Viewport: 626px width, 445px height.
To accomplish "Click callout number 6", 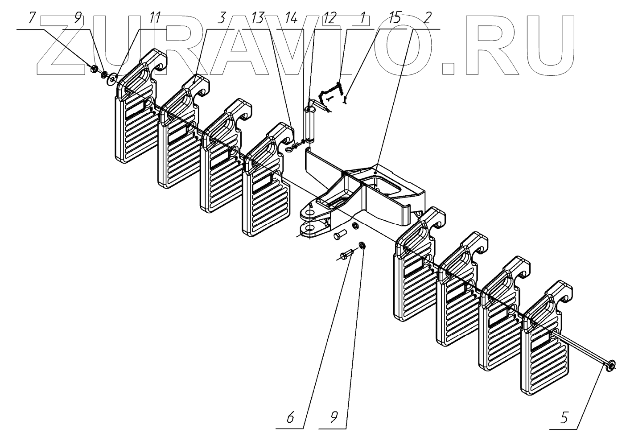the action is pyautogui.click(x=290, y=417).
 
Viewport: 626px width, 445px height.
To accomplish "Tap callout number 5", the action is pyautogui.click(x=564, y=417).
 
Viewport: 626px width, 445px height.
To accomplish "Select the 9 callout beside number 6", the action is pyautogui.click(x=334, y=417).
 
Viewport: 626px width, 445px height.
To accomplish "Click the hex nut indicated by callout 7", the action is pyautogui.click(x=94, y=69).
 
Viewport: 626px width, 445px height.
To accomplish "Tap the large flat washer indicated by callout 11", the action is pyautogui.click(x=112, y=79).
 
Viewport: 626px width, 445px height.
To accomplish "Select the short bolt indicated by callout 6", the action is pyautogui.click(x=346, y=255).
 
